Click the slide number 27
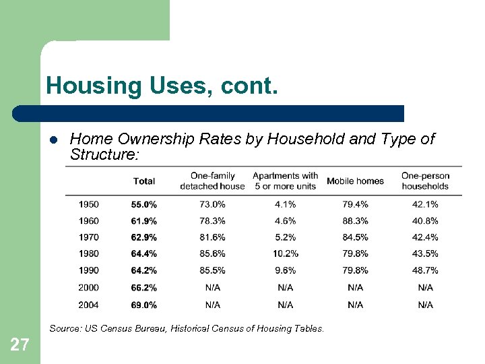coord(20,346)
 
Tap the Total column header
coord(144,181)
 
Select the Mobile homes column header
coord(355,181)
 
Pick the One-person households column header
coord(425,181)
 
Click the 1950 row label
coord(88,204)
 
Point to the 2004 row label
coord(88,305)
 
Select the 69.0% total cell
coord(144,305)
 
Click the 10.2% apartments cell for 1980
coord(285,254)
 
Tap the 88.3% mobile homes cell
coord(355,221)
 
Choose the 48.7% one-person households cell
coord(425,270)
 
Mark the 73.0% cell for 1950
coord(212,204)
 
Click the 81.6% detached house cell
coord(212,237)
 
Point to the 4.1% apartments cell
coord(285,204)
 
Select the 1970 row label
coord(88,237)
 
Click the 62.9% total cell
coord(144,237)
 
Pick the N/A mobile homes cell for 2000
coord(355,288)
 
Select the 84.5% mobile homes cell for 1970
coord(355,237)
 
